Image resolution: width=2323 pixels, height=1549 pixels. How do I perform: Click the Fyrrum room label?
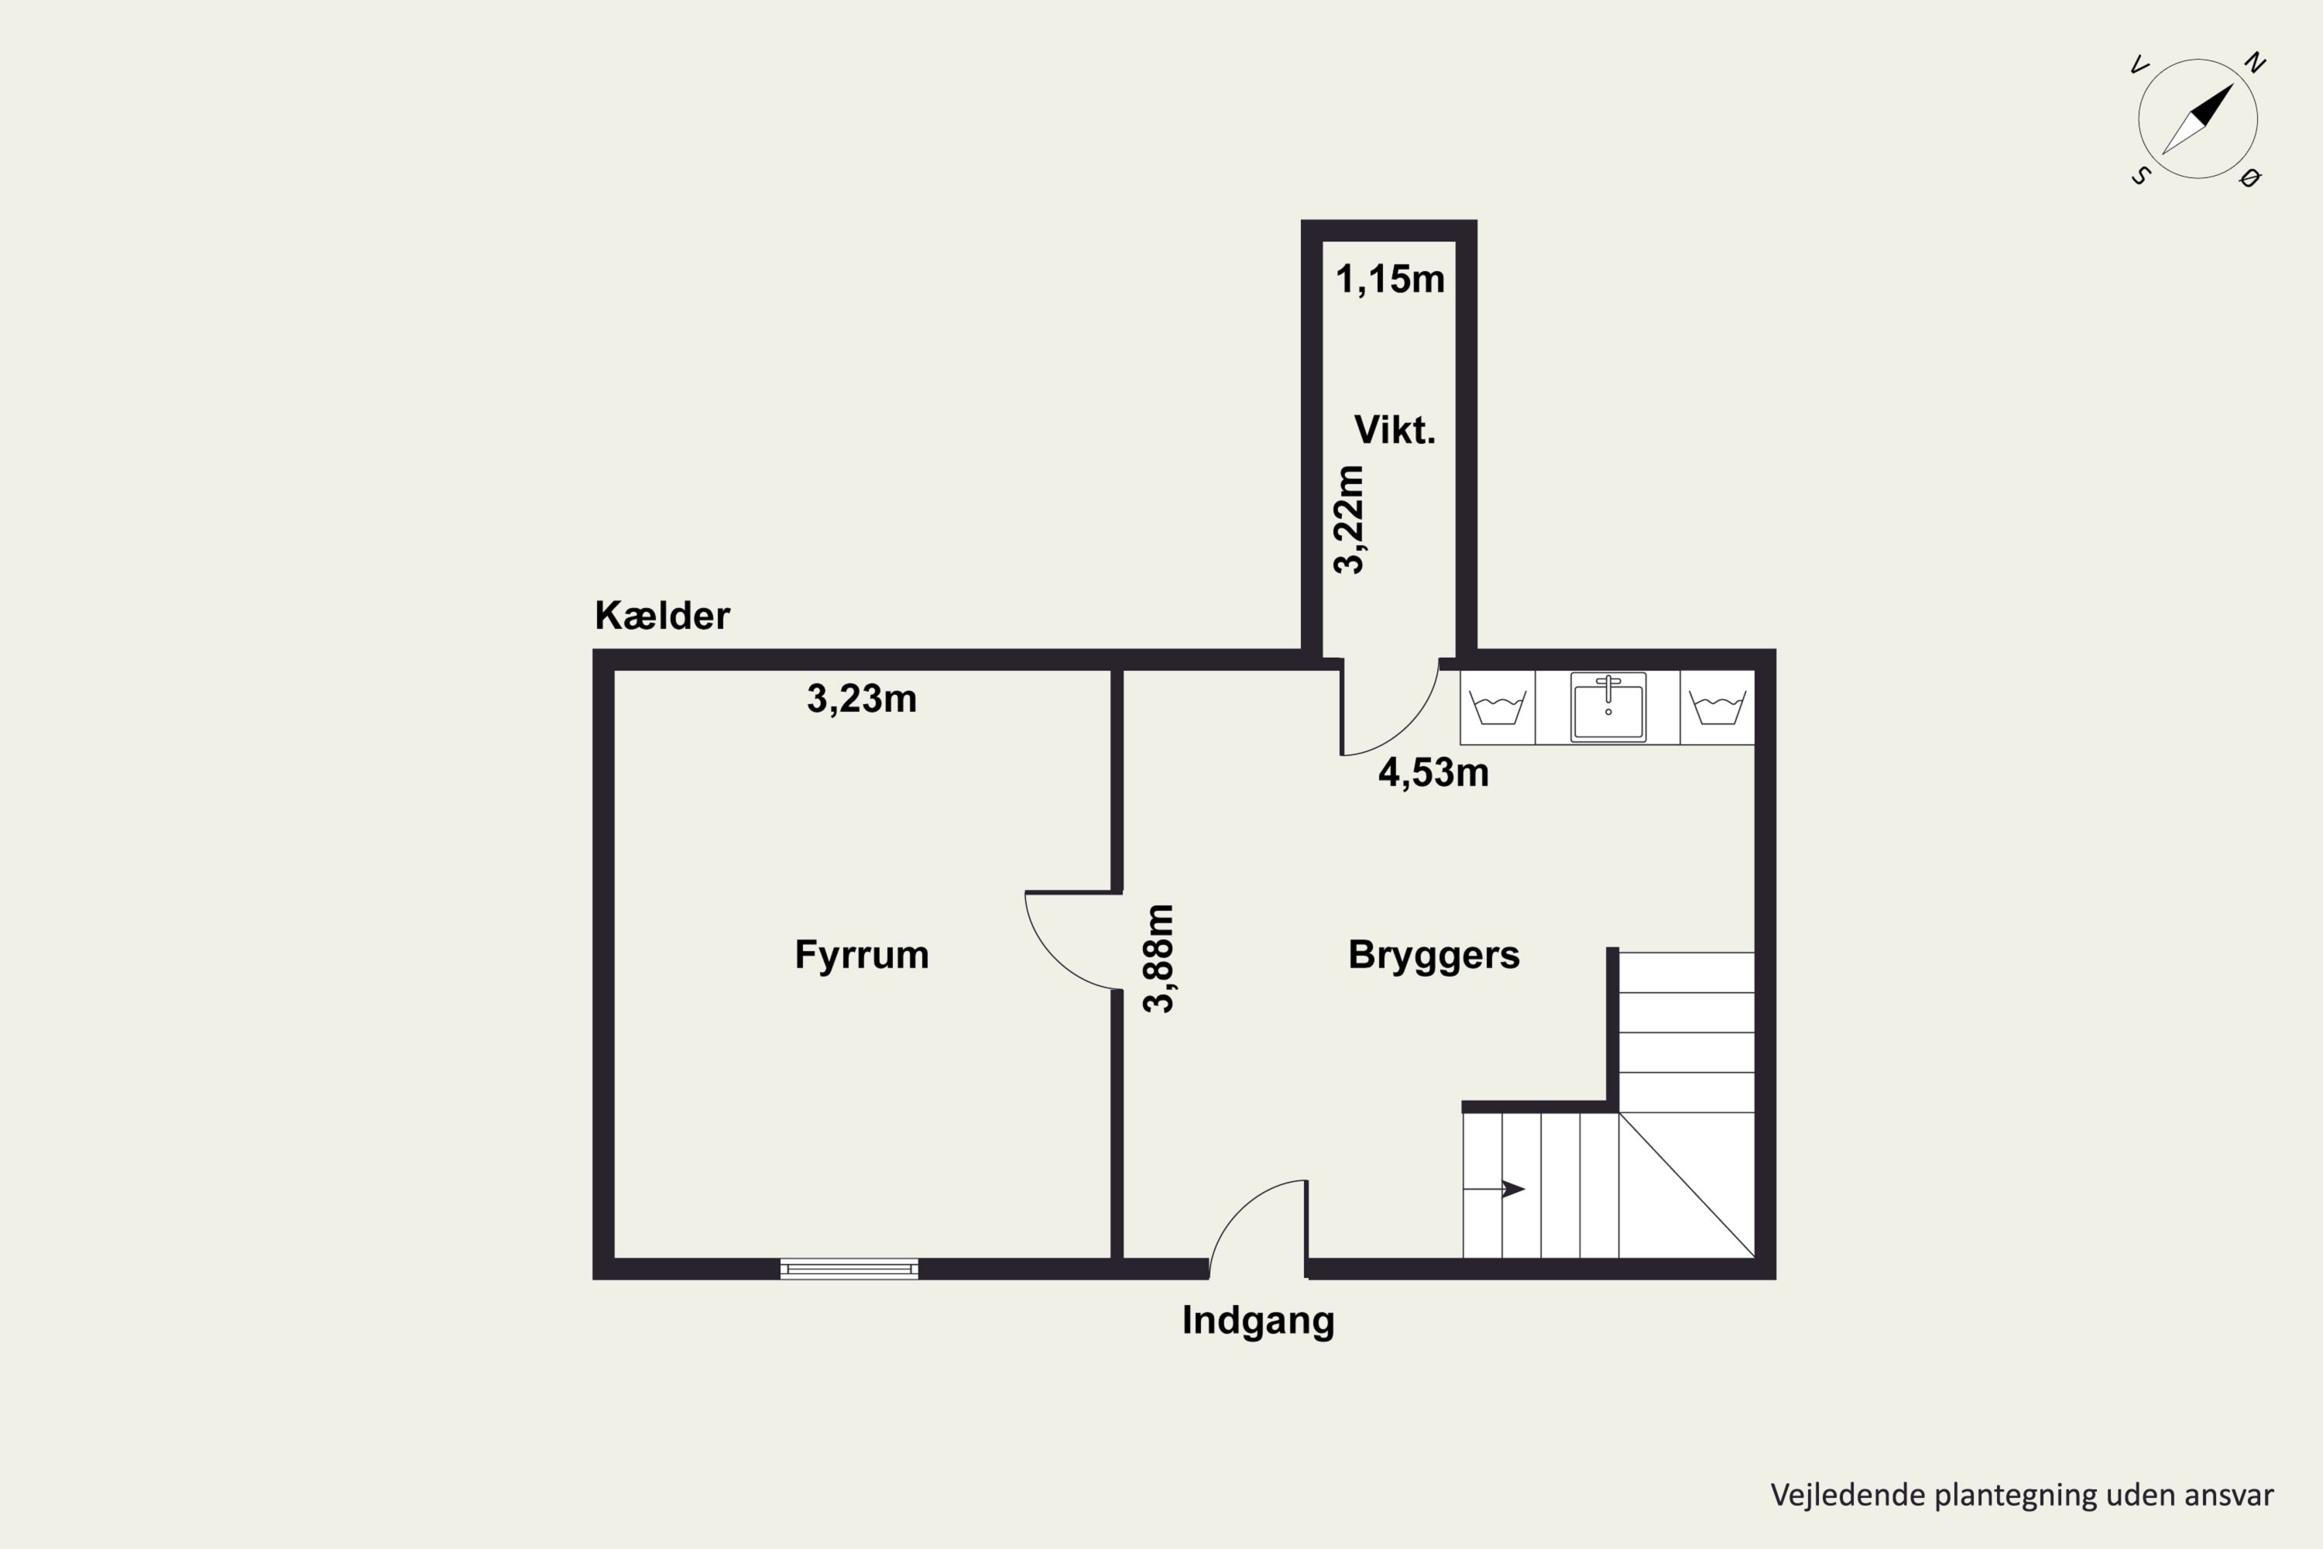point(861,955)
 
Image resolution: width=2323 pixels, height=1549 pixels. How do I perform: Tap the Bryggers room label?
point(1433,955)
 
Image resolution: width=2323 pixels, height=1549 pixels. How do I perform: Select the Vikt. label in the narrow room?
point(1394,431)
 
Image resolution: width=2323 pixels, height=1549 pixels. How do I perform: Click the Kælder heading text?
point(662,617)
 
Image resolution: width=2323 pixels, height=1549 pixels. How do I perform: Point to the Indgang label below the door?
point(1258,1321)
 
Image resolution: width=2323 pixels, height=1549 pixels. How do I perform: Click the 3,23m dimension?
point(861,699)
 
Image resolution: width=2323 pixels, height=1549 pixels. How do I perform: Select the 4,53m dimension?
point(1433,772)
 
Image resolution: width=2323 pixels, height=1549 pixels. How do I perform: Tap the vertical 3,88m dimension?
point(1158,958)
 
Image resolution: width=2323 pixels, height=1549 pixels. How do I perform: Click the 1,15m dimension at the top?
point(1390,280)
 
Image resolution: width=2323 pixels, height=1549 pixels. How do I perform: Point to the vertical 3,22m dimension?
point(1349,520)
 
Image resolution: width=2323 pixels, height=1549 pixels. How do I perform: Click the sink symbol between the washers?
point(1608,707)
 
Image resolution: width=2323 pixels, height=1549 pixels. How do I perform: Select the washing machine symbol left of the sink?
point(1498,707)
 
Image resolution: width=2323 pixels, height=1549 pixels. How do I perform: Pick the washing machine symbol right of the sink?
point(1717,707)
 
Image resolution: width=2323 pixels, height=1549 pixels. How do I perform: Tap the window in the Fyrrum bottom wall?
point(849,1269)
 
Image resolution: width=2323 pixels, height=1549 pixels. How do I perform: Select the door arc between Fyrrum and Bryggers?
point(1055,957)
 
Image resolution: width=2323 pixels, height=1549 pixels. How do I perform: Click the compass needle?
point(2198,118)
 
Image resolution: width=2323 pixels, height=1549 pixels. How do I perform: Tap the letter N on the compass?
point(2255,64)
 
